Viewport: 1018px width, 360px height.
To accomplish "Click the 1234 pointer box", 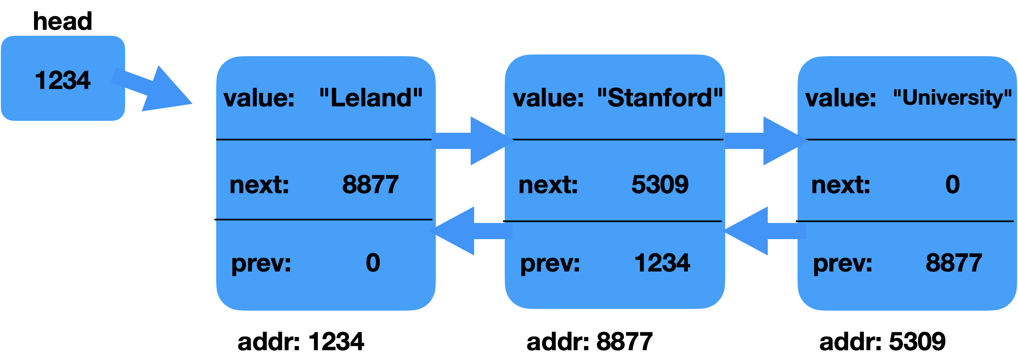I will pos(63,79).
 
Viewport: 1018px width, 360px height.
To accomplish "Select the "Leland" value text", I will pos(371,98).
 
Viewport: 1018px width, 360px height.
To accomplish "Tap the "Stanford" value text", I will pos(660,98).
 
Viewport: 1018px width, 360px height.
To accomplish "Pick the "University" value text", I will pos(952,98).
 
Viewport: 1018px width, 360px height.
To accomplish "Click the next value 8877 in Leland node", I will pos(370,185).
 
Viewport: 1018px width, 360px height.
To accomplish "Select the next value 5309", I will pos(660,185).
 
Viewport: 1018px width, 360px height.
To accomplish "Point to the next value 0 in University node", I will pos(952,185).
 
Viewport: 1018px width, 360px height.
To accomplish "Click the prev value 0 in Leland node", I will pos(373,263).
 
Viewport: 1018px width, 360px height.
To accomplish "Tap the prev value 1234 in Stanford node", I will pos(662,263).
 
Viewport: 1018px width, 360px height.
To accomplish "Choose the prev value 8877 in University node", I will pos(954,263).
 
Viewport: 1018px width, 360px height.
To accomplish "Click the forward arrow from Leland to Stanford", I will pos(472,141).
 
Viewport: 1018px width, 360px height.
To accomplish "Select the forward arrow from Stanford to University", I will pos(765,141).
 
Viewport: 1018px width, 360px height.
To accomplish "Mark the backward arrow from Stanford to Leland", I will pos(470,231).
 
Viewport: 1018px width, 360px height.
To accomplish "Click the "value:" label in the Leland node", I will pos(259,98).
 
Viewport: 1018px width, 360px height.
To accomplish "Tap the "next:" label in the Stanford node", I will pos(548,185).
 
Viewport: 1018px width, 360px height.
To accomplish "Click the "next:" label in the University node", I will pos(841,185).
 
